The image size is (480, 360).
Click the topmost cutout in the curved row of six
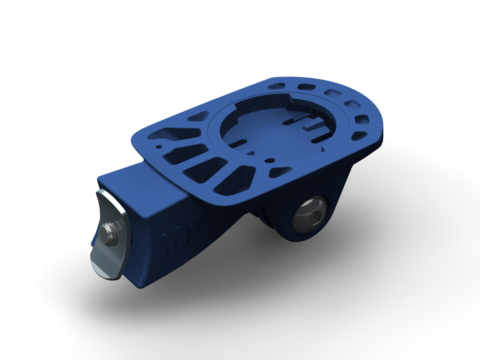tap(276, 86)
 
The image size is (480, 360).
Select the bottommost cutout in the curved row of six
tap(358, 136)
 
